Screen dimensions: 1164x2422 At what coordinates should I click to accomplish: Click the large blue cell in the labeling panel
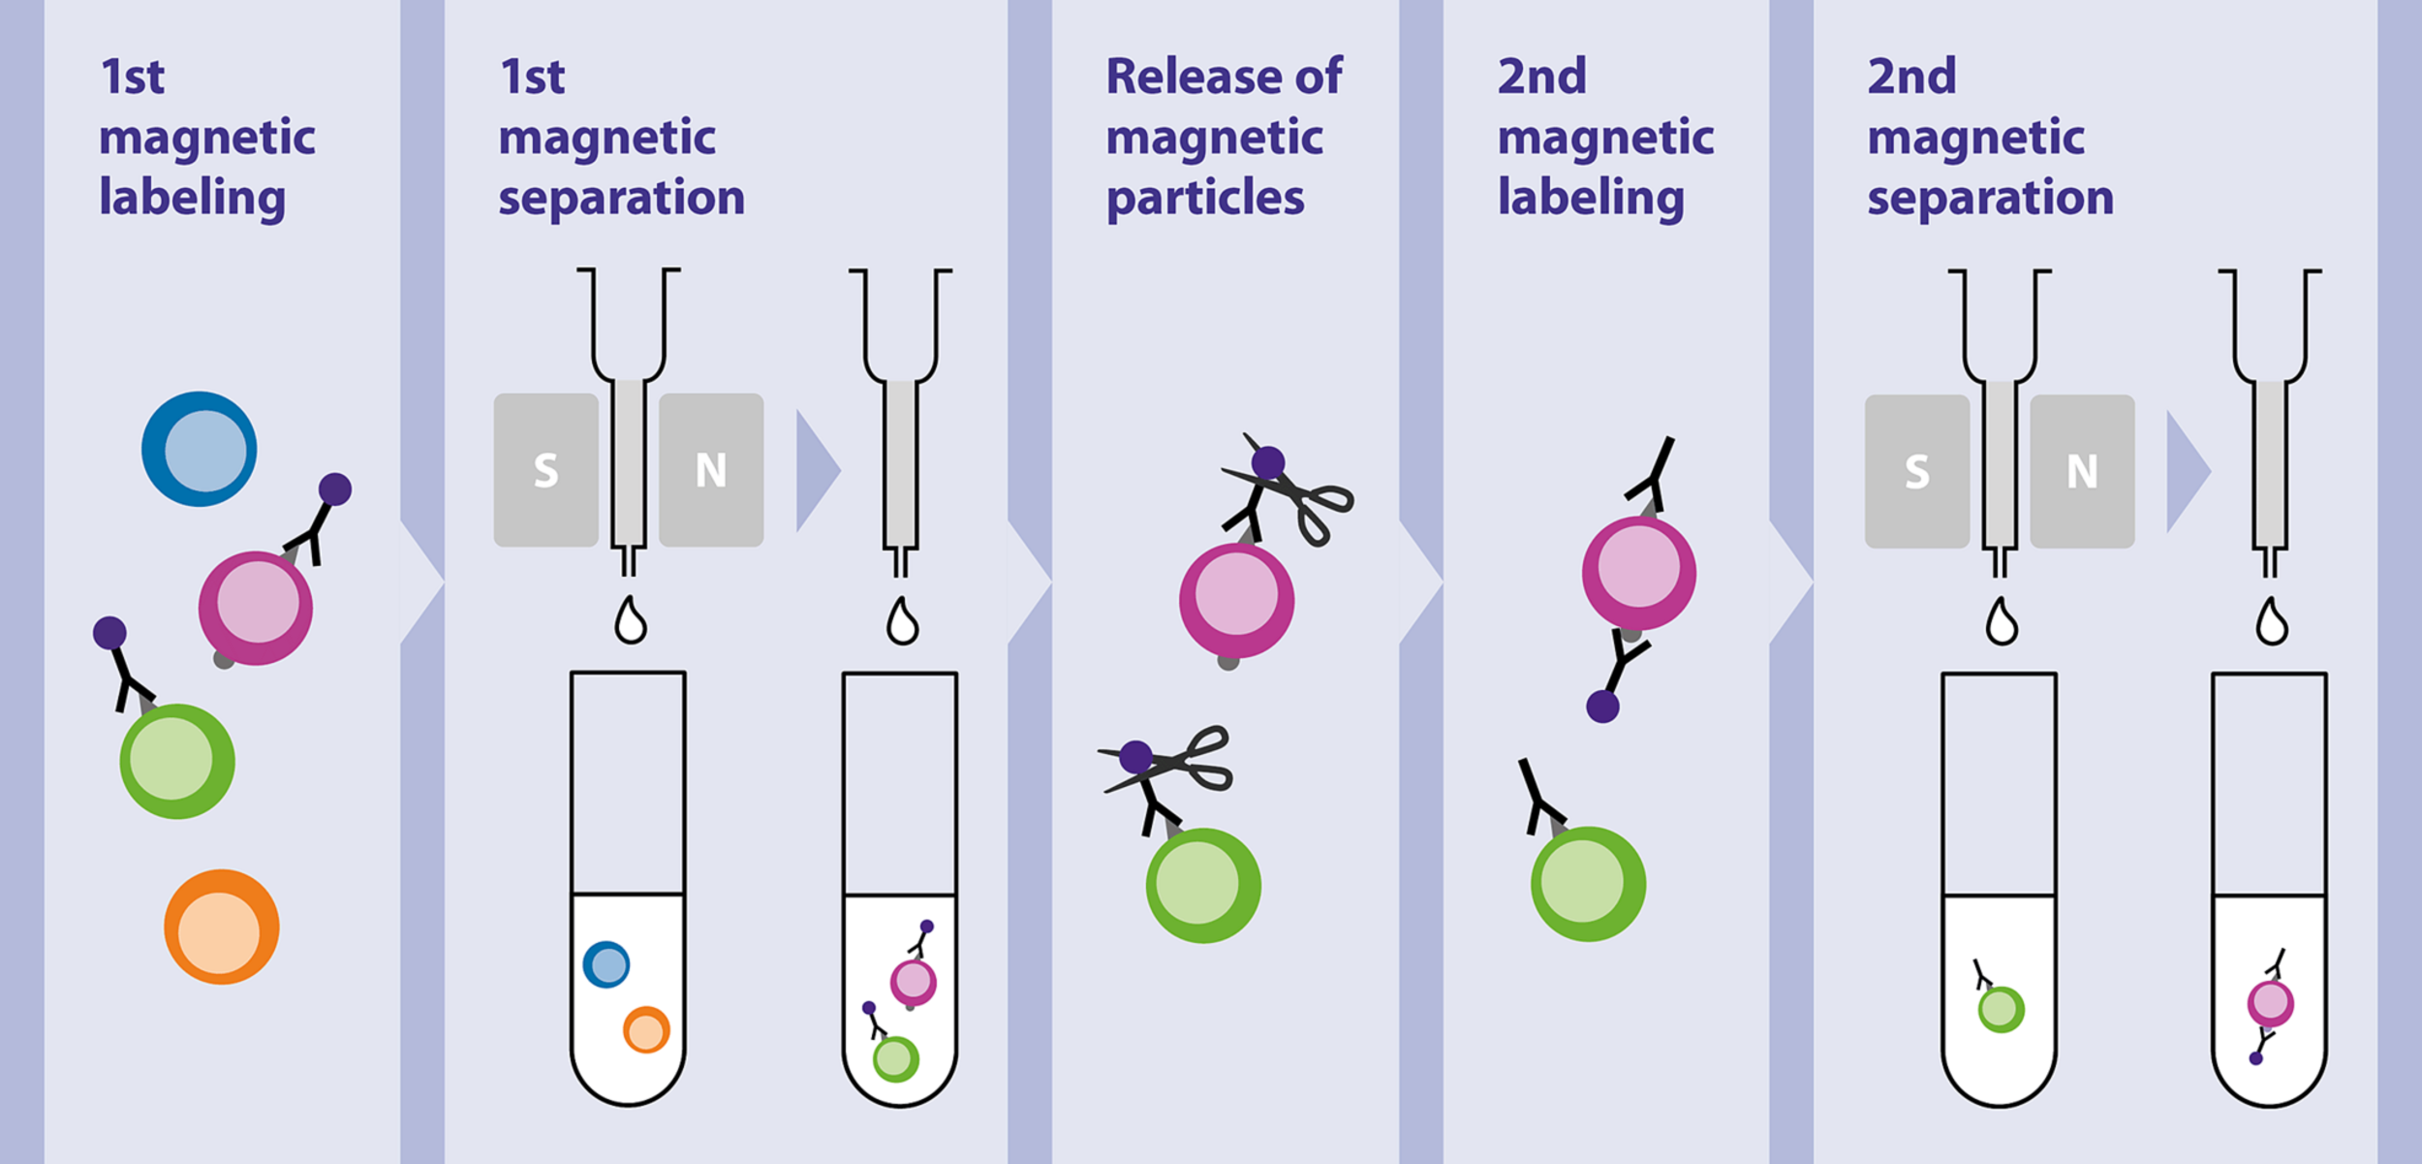click(199, 449)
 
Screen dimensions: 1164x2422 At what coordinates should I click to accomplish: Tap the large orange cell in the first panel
click(221, 927)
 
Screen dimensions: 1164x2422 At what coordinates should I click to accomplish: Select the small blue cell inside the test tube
click(606, 964)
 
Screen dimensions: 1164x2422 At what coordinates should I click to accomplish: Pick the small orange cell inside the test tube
click(646, 1029)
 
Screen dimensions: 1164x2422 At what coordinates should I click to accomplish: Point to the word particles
click(1204, 199)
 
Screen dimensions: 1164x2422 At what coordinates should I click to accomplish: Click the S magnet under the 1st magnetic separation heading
click(545, 470)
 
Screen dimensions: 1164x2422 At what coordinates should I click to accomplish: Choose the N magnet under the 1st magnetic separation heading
click(711, 470)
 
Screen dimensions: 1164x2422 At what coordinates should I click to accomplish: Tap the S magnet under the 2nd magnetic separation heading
click(1916, 472)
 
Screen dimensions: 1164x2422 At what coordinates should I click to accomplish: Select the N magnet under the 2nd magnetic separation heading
click(2082, 472)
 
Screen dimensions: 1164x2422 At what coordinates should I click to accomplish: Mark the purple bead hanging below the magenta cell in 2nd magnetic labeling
click(1602, 707)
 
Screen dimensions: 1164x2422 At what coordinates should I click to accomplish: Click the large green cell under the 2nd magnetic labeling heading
click(1587, 883)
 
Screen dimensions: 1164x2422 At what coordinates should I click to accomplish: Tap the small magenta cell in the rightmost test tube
click(2270, 1004)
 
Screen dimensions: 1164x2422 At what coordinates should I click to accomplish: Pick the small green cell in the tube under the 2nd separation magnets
click(2001, 1009)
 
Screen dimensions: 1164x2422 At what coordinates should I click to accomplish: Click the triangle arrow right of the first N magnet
click(817, 471)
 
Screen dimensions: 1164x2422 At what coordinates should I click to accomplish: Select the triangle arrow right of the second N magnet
click(2187, 472)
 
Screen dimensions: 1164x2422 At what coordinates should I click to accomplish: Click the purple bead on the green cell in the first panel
click(109, 633)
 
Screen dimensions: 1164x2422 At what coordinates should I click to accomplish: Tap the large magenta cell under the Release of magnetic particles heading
click(1236, 600)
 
